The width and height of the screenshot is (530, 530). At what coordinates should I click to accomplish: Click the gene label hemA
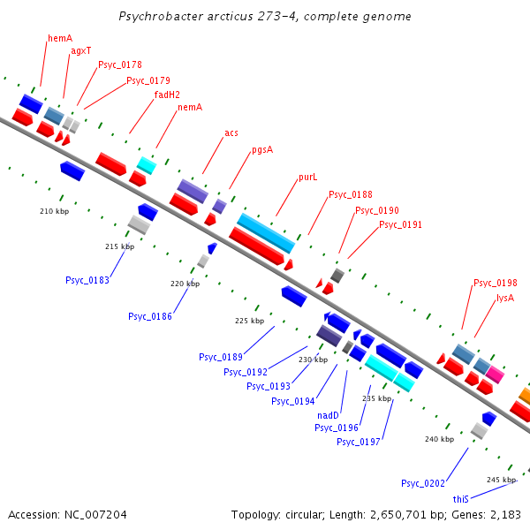tap(60, 38)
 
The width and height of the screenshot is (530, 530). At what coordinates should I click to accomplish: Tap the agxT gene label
tap(80, 51)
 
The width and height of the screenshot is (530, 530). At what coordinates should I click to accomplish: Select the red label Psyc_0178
tap(119, 64)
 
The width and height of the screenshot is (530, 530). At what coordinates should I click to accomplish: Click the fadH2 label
tap(167, 95)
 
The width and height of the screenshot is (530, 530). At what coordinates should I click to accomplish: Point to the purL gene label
tap(307, 178)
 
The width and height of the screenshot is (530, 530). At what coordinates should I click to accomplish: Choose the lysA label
tap(505, 299)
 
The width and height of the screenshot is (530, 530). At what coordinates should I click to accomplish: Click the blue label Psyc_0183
tap(87, 280)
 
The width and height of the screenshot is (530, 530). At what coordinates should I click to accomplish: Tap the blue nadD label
tap(329, 415)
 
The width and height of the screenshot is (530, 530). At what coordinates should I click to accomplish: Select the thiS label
tap(460, 499)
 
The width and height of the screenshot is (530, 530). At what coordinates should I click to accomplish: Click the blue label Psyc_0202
tap(422, 483)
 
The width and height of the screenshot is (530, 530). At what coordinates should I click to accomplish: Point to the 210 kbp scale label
tap(54, 212)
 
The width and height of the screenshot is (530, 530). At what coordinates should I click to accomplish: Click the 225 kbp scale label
tap(249, 322)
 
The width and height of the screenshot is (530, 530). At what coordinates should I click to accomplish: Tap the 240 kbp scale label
tap(439, 439)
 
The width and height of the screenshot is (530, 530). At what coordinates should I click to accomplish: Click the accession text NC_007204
tap(96, 514)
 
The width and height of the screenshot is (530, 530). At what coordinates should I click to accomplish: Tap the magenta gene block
tap(495, 375)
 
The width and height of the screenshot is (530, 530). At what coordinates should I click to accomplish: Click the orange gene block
tap(524, 395)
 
